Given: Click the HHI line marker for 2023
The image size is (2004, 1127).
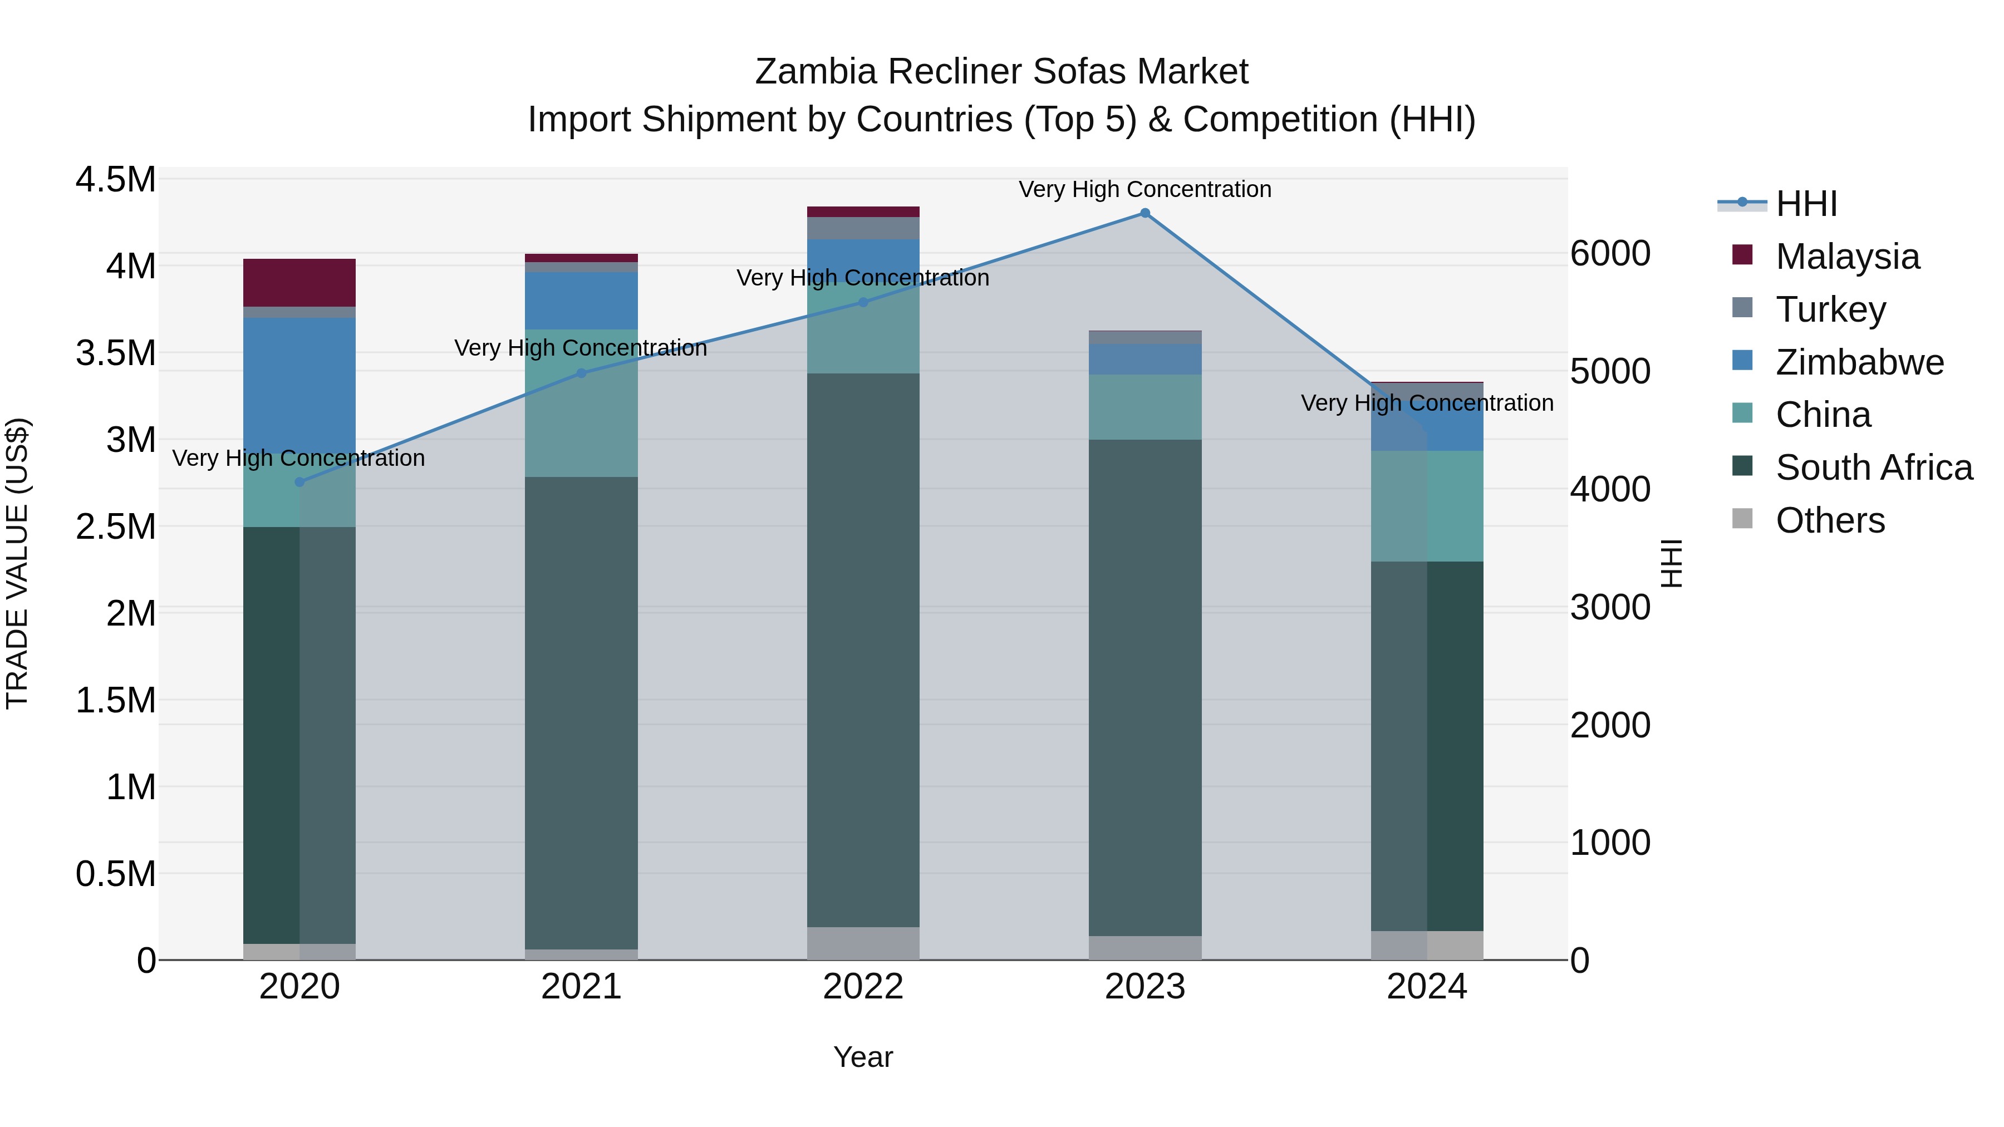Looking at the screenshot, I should tap(1145, 213).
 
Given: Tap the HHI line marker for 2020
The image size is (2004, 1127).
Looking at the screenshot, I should tap(299, 482).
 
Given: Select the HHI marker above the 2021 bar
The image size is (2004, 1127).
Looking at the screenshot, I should tap(581, 373).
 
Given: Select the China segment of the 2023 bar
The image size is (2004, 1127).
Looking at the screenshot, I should tap(1145, 407).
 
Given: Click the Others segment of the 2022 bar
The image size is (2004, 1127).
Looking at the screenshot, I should tap(863, 943).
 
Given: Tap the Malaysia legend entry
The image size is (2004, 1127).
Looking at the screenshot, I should tap(1847, 257).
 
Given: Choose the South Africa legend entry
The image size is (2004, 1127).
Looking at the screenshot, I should tap(1873, 467).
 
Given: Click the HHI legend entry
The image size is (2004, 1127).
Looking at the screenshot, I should tap(1806, 204).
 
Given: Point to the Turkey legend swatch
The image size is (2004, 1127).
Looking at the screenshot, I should tap(1742, 308).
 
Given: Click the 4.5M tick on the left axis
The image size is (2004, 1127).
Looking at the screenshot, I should tap(115, 180).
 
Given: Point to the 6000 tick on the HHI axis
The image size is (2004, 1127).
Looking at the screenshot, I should tap(1609, 254).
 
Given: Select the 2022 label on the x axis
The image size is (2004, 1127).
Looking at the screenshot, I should tap(863, 987).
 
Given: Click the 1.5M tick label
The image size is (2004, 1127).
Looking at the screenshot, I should tap(115, 700).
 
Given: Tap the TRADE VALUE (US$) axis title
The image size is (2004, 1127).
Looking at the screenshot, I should tap(17, 563).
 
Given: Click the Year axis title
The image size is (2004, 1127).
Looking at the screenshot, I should tap(863, 1057).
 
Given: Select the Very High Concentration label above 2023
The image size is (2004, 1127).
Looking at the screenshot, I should tap(1145, 189).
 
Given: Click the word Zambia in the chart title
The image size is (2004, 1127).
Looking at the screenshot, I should tap(816, 72).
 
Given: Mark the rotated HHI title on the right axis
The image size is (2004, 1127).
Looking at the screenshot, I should tap(1671, 563).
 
